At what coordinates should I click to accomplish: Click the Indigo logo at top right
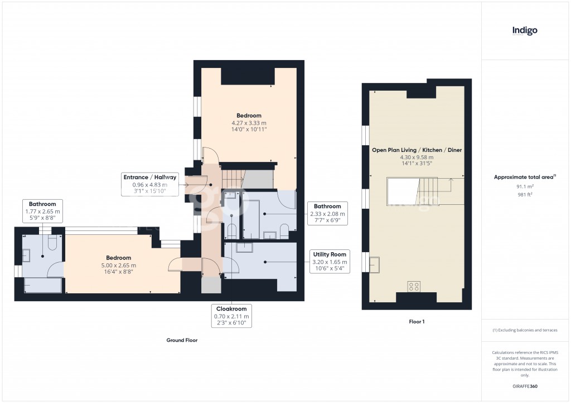(525, 31)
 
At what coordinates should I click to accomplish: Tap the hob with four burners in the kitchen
(414, 287)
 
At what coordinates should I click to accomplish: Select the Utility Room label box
(329, 262)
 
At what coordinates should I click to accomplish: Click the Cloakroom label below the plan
(231, 316)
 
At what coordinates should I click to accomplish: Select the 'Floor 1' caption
(416, 322)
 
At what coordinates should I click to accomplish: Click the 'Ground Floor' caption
(182, 340)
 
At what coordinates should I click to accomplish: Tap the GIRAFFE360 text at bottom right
(525, 386)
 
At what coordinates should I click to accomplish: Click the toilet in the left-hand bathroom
(54, 243)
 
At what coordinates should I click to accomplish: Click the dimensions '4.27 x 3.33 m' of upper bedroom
(249, 123)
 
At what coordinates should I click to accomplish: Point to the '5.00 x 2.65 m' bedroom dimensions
(119, 266)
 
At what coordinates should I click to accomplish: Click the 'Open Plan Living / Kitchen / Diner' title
(417, 150)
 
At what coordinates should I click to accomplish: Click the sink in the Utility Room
(244, 248)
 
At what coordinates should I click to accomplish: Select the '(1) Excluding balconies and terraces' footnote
(525, 330)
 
